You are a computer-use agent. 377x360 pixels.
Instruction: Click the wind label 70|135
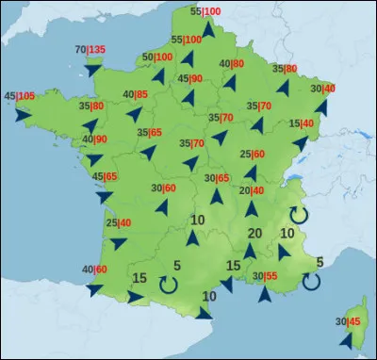[x=89, y=50]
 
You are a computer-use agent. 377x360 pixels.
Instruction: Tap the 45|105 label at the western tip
[x=20, y=96]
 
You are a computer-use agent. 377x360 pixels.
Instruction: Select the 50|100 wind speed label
[x=156, y=57]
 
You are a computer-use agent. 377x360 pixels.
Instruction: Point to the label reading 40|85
[x=136, y=94]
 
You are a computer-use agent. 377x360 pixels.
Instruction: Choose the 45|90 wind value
[x=190, y=78]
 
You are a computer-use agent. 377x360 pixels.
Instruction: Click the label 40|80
[x=232, y=64]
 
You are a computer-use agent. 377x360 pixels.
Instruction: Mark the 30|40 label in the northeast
[x=322, y=89]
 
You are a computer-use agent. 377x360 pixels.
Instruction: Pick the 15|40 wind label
[x=302, y=123]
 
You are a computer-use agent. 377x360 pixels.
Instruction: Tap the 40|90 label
[x=93, y=139]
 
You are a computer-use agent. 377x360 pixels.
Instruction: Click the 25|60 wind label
[x=252, y=155]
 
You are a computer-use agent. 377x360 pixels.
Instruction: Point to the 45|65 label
[x=104, y=176]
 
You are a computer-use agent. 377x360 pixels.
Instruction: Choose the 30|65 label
[x=217, y=178]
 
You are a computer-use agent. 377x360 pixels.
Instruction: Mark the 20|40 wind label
[x=252, y=190]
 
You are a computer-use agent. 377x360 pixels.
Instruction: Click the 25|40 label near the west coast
[x=119, y=223]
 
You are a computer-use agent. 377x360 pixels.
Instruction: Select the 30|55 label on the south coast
[x=264, y=275]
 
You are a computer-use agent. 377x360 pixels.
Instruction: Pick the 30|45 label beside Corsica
[x=348, y=322]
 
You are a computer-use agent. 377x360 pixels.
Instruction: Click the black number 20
[x=254, y=233]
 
